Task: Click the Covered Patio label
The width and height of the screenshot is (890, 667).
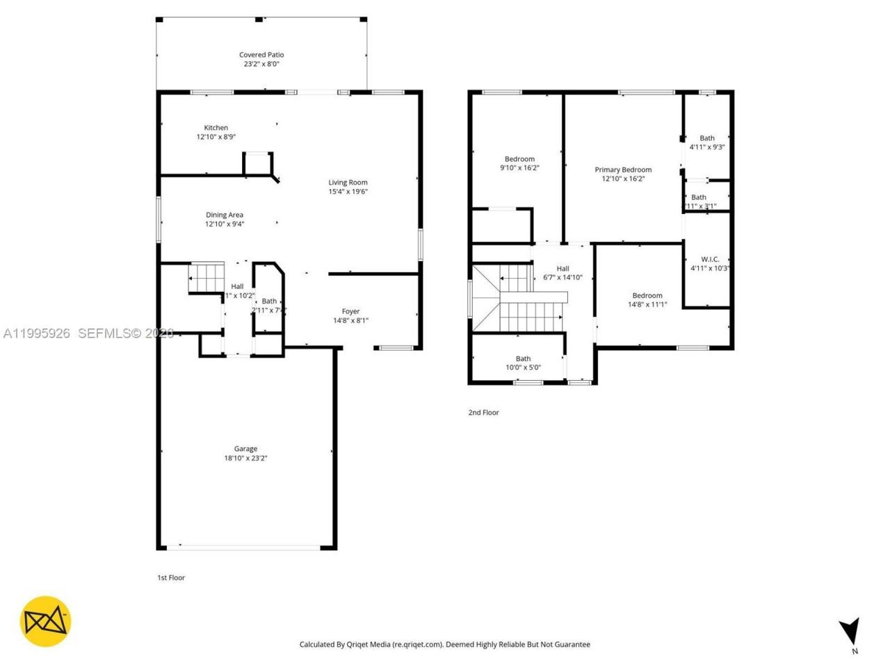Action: (x=261, y=55)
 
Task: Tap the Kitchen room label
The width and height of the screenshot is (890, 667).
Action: (x=216, y=128)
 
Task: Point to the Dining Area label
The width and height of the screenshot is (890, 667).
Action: (x=224, y=215)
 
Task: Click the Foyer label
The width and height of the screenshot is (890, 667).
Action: (x=350, y=311)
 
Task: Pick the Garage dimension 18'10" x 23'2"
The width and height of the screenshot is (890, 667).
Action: (x=245, y=458)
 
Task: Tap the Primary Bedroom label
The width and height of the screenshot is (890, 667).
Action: (x=623, y=170)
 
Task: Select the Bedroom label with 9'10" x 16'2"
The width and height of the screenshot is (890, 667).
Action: (x=519, y=159)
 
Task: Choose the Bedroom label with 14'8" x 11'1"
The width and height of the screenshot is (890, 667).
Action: (x=647, y=295)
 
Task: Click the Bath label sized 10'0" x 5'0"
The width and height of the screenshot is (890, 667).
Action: (x=523, y=359)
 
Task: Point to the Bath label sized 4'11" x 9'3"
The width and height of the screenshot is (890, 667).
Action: (x=707, y=138)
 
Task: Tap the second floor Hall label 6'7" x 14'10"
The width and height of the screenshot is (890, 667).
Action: (x=563, y=269)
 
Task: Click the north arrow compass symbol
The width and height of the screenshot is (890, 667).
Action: (x=849, y=633)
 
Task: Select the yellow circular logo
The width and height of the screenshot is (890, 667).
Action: (x=45, y=621)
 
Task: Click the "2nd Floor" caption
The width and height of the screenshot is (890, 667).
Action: (x=483, y=413)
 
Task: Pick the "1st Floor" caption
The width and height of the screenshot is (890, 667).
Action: (x=171, y=577)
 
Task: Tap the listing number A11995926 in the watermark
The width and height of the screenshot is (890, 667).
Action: (x=37, y=333)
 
